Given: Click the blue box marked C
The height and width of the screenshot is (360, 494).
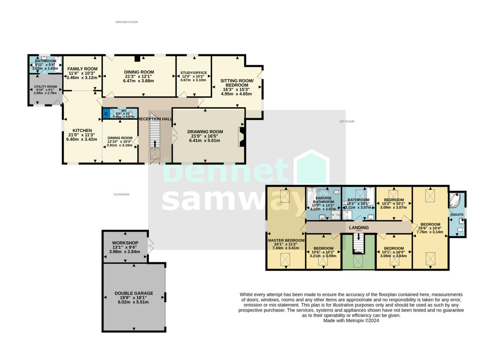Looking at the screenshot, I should (x=106, y=113).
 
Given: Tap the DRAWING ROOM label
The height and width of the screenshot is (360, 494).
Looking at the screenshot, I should (x=204, y=131).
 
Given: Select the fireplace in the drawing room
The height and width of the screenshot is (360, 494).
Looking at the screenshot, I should (x=242, y=136).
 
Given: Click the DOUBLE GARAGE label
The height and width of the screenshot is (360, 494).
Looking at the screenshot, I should (x=134, y=293).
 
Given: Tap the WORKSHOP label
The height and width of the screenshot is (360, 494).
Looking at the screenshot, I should (x=125, y=243).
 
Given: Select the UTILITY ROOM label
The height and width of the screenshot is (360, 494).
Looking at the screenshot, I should (x=45, y=87).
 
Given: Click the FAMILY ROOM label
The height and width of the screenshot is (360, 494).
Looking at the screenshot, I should (x=83, y=69).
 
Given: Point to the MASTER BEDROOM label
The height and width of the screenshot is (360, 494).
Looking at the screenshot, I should (x=286, y=240).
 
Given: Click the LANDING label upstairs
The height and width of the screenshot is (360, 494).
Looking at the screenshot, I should (x=359, y=227).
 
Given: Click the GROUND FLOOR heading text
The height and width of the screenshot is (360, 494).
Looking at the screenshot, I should (x=126, y=22).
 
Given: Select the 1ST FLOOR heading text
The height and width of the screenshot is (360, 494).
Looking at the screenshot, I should (x=347, y=122).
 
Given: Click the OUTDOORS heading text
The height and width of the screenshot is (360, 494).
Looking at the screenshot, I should (x=121, y=194).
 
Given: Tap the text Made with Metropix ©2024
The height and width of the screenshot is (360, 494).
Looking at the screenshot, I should (x=351, y=320).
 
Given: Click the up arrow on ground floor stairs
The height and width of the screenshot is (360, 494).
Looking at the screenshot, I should (x=155, y=143).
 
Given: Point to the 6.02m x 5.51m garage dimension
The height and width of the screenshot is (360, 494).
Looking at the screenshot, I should (x=134, y=302).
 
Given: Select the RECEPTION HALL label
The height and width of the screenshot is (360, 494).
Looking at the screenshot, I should (x=155, y=119).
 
